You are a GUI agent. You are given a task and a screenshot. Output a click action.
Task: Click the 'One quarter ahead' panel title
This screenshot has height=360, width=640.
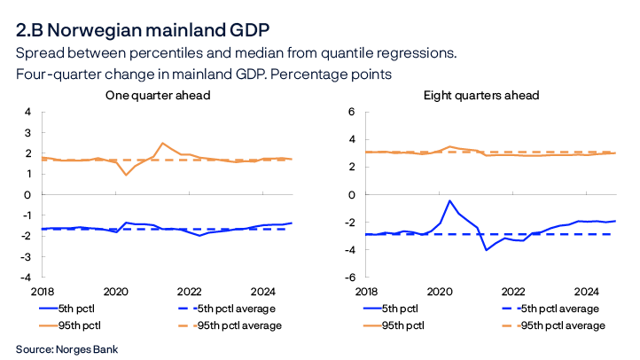pyautogui.click(x=158, y=95)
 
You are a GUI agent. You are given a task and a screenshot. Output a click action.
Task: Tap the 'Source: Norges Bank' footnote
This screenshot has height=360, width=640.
pyautogui.click(x=66, y=348)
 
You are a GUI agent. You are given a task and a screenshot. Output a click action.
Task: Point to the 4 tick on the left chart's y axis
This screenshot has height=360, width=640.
pyautogui.click(x=27, y=112)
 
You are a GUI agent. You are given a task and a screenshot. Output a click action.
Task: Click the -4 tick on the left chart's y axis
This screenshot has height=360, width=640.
pyautogui.click(x=26, y=277)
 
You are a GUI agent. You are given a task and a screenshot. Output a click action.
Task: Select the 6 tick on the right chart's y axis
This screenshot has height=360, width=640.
pyautogui.click(x=351, y=112)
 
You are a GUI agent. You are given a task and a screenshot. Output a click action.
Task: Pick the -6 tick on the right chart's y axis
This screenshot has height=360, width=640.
pyautogui.click(x=349, y=277)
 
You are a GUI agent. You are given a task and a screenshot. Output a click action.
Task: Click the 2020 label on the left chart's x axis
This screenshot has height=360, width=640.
pyautogui.click(x=115, y=291)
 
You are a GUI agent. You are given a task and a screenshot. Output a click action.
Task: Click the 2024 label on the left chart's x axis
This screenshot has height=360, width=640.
pyautogui.click(x=263, y=291)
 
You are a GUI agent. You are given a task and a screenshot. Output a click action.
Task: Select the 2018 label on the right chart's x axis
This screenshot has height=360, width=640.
pyautogui.click(x=365, y=291)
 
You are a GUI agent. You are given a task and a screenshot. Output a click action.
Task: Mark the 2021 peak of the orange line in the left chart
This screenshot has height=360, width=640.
pyautogui.click(x=162, y=143)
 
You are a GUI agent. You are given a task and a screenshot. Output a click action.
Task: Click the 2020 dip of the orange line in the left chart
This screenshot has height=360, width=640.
pyautogui.click(x=125, y=175)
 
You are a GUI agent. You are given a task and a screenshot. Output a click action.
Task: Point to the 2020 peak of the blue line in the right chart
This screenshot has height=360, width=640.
pyautogui.click(x=449, y=200)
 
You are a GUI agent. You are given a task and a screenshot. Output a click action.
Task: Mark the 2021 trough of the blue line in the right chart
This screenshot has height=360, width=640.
pyautogui.click(x=486, y=250)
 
